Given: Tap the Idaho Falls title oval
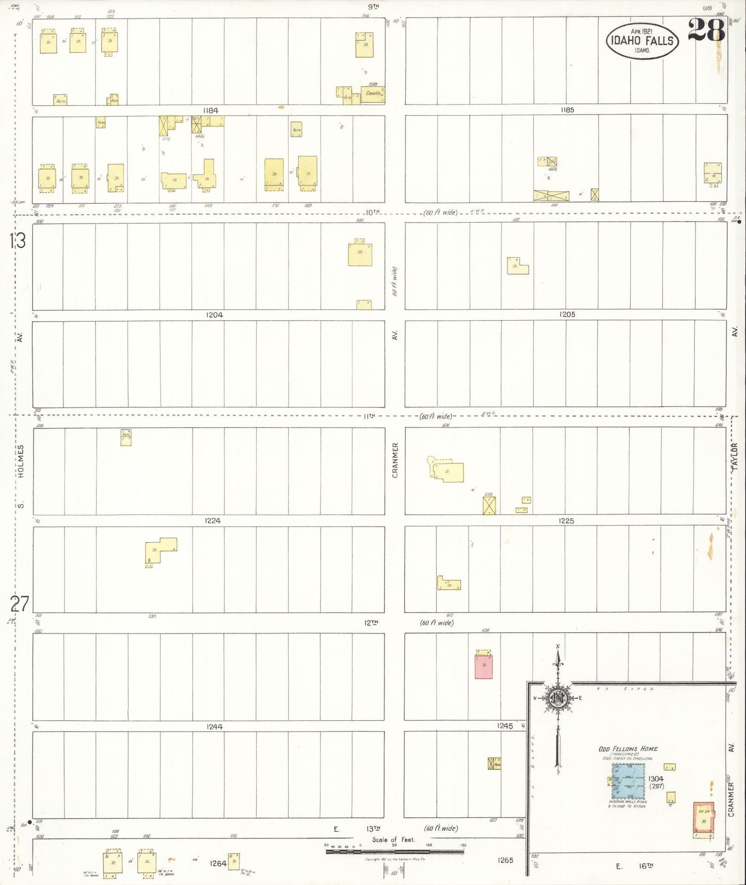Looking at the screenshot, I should [x=642, y=40].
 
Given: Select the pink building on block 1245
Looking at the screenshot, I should [x=483, y=666].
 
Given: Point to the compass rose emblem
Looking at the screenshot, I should [x=558, y=698].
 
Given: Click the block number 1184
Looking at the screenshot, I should [x=211, y=110].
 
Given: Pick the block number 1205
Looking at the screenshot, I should [x=567, y=314].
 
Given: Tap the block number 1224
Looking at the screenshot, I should [x=213, y=520].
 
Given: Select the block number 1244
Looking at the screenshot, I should [x=214, y=726].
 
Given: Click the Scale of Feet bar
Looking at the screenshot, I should [x=394, y=851].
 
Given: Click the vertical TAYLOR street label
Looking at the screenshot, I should [x=735, y=456].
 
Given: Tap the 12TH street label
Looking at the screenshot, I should [x=371, y=623].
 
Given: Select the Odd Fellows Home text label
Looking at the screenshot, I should [x=628, y=749].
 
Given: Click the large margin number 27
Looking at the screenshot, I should [x=19, y=603].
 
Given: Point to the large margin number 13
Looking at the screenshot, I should [x=17, y=241].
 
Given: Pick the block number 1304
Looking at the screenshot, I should [x=656, y=779].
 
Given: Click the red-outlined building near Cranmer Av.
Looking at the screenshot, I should [x=703, y=820].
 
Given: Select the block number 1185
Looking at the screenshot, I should [x=567, y=110].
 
